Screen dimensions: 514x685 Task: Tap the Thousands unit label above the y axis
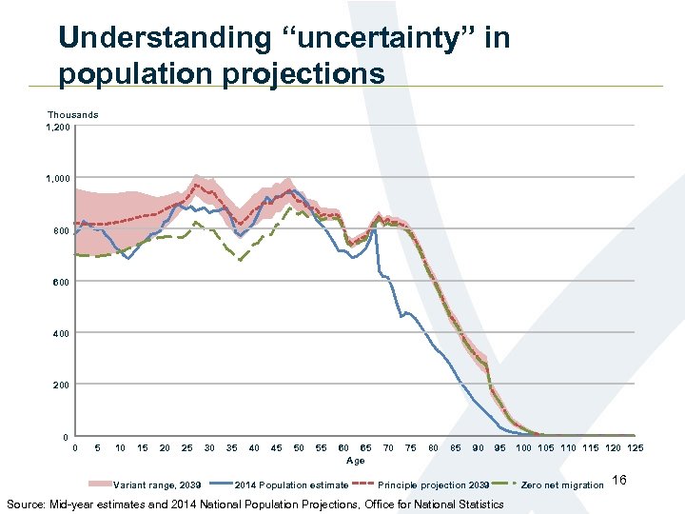(x=72, y=115)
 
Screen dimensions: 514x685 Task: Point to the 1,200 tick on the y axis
(x=58, y=127)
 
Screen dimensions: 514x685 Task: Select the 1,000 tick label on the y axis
(x=58, y=178)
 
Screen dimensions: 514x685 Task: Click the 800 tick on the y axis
(x=62, y=230)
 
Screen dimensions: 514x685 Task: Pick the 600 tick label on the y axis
(x=62, y=282)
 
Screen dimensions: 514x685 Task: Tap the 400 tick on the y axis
(x=62, y=333)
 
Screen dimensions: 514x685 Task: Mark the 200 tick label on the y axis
(x=62, y=385)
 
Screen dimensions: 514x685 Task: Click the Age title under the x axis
(x=355, y=461)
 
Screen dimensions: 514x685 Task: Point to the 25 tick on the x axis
(x=186, y=448)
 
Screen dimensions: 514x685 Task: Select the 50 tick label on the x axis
(x=299, y=448)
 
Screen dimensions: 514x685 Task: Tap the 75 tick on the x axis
(x=410, y=448)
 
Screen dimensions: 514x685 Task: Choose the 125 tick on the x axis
(x=635, y=448)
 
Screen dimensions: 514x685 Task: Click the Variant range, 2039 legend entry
(x=157, y=485)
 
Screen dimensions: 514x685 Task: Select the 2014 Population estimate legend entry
(x=291, y=485)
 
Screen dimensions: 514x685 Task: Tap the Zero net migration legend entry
(x=562, y=485)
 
